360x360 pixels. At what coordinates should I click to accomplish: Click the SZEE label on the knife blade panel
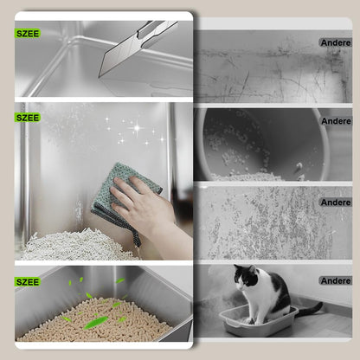pyautogui.click(x=28, y=34)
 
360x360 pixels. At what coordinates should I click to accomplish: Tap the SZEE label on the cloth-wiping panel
pyautogui.click(x=28, y=117)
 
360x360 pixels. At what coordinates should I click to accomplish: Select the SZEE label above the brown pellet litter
pyautogui.click(x=28, y=282)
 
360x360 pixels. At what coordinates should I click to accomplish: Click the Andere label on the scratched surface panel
pyautogui.click(x=335, y=42)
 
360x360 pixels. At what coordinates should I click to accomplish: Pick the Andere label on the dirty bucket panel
pyautogui.click(x=335, y=121)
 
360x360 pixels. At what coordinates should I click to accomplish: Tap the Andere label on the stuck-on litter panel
pyautogui.click(x=335, y=202)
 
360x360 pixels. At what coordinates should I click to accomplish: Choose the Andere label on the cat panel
pyautogui.click(x=335, y=280)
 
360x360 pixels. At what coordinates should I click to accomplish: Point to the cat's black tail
pyautogui.click(x=306, y=309)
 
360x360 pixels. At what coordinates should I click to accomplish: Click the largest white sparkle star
pyautogui.click(x=136, y=129)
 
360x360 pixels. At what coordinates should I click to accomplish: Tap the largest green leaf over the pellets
pyautogui.click(x=96, y=322)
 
